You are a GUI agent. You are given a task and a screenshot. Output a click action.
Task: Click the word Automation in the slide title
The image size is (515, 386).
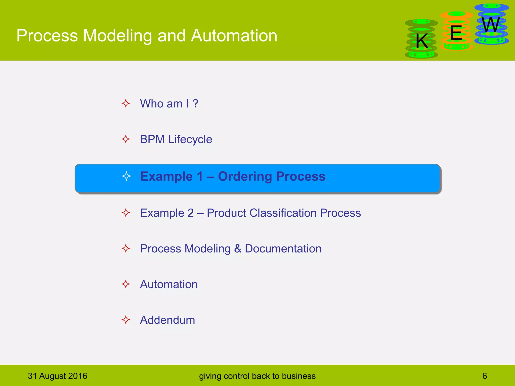[x=234, y=36]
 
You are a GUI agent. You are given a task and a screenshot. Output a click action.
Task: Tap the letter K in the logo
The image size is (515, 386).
[x=422, y=41]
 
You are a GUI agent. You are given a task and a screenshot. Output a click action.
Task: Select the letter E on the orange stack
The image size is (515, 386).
[x=456, y=33]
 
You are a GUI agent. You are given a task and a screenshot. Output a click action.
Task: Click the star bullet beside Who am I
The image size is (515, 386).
[x=126, y=103]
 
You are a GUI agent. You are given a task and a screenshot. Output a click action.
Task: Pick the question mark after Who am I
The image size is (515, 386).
[x=195, y=104]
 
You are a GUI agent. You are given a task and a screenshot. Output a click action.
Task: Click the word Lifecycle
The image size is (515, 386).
[x=190, y=139]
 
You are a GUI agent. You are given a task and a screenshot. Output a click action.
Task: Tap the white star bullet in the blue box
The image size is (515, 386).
[x=126, y=176]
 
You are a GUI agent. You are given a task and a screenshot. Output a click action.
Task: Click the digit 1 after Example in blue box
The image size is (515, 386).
[x=200, y=176]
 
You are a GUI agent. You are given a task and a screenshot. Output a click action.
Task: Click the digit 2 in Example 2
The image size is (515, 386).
[x=191, y=213]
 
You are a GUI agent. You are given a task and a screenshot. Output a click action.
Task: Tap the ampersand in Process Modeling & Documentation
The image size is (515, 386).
[x=238, y=249]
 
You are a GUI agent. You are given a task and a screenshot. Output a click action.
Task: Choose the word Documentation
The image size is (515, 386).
[x=283, y=249]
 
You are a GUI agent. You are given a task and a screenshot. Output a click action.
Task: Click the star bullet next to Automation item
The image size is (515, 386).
[x=126, y=284]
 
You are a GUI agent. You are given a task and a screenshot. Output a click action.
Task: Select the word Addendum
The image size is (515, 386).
[x=167, y=320]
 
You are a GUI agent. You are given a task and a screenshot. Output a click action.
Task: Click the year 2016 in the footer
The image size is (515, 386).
[x=78, y=376]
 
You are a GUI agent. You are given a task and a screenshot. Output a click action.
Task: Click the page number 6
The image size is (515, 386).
[x=485, y=376]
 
